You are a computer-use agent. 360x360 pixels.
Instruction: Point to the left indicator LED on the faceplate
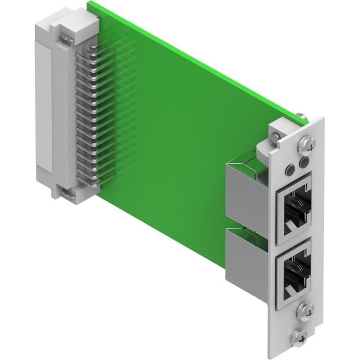coord(292,166)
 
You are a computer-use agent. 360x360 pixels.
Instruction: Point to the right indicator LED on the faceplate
coord(303,163)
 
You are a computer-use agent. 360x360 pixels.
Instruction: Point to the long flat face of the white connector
coord(45,108)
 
